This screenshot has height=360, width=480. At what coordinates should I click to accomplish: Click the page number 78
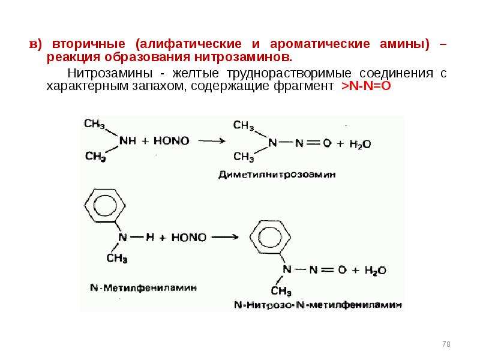click(x=446, y=344)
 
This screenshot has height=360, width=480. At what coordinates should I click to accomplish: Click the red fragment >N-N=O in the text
click(x=366, y=86)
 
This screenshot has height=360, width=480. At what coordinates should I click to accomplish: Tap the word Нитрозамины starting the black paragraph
click(x=110, y=73)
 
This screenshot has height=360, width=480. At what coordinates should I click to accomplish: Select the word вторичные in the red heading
click(x=88, y=44)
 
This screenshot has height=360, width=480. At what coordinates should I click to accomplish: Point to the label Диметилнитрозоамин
click(x=277, y=175)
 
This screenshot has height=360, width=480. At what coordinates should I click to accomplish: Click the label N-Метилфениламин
click(x=143, y=288)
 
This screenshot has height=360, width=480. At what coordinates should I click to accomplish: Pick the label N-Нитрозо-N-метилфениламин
click(x=318, y=305)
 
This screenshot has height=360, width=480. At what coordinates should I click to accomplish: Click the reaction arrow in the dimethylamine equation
click(x=212, y=141)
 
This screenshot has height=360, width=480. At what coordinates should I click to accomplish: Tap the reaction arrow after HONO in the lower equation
click(x=225, y=237)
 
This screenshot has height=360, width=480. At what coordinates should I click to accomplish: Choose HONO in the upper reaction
click(x=172, y=141)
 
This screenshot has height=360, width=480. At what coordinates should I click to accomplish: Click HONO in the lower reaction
click(x=189, y=238)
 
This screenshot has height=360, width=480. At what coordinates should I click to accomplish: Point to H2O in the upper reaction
click(x=360, y=144)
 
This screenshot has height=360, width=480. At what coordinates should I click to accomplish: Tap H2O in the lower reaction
click(x=375, y=271)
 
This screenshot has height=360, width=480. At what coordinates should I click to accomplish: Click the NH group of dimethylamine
click(x=128, y=141)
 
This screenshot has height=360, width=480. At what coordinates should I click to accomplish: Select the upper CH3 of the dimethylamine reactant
click(x=95, y=124)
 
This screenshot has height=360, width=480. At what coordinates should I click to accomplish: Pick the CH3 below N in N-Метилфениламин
click(x=117, y=259)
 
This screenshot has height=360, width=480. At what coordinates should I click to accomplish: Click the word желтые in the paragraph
click(x=196, y=73)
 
